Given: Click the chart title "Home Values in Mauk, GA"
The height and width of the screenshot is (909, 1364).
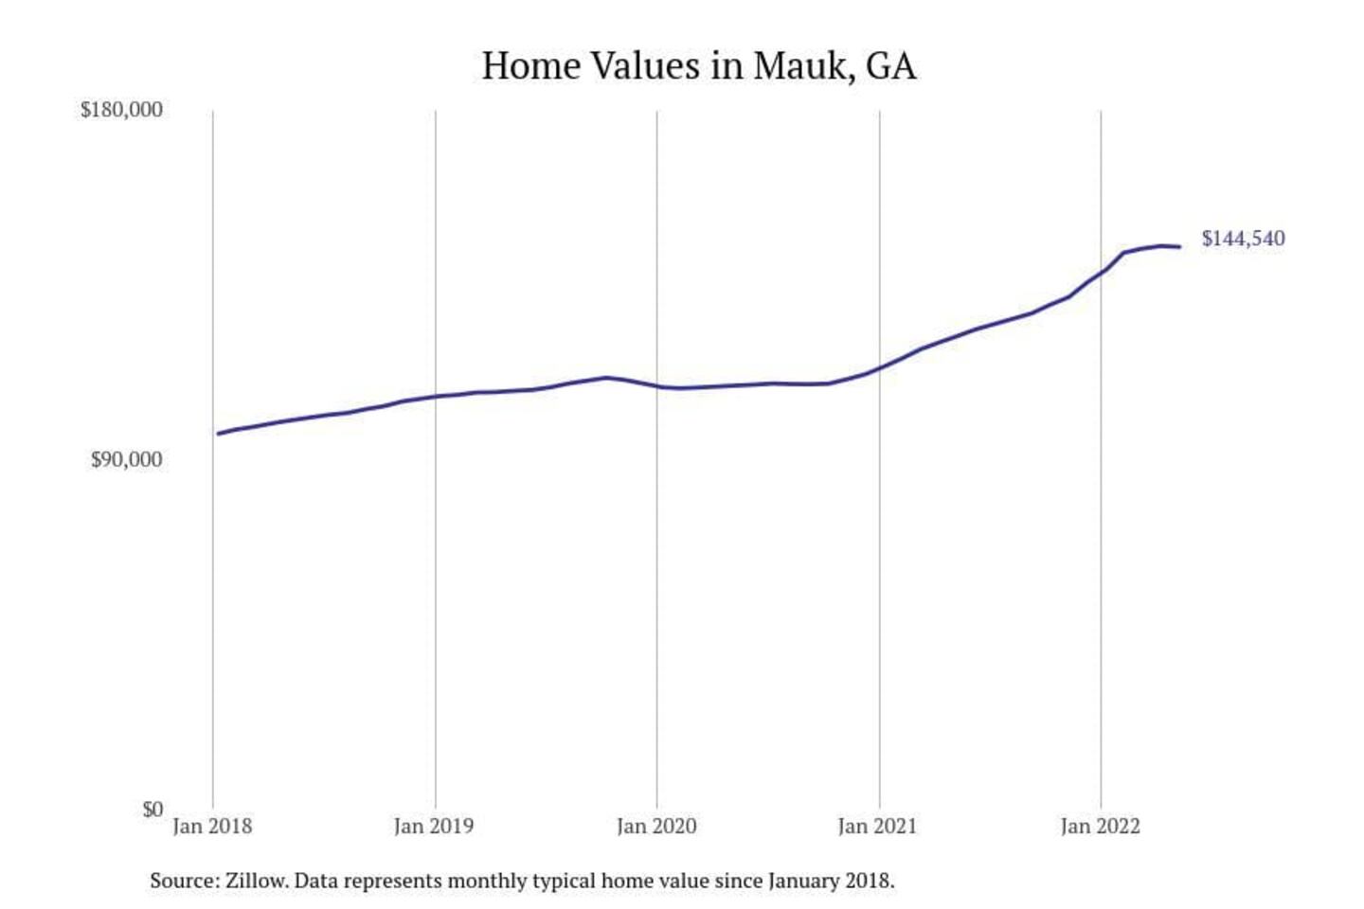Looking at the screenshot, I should (699, 66).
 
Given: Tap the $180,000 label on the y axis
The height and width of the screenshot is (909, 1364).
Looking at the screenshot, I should (121, 110).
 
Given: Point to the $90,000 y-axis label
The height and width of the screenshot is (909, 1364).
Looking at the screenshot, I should (126, 459).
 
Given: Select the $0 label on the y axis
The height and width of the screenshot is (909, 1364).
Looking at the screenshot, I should (153, 810).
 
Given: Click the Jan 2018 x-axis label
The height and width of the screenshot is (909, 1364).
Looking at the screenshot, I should (212, 826).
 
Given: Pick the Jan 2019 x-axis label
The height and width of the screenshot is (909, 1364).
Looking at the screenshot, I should (434, 826).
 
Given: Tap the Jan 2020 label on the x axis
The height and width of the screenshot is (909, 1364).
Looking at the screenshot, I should (656, 826).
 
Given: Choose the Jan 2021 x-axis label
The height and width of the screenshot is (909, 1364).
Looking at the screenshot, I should (877, 826).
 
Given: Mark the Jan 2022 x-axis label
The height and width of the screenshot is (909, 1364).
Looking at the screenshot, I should (1100, 826).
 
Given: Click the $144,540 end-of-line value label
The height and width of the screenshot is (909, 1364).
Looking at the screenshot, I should (1243, 239).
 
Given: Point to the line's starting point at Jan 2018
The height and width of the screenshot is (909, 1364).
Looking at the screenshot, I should (219, 434).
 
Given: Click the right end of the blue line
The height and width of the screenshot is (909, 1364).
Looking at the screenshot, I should (1179, 247).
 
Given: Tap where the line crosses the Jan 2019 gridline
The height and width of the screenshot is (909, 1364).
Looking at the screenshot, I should (436, 396).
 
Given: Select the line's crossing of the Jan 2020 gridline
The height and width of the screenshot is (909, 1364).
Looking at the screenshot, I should (657, 386).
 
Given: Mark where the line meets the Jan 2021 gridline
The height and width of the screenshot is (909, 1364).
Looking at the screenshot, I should (879, 367).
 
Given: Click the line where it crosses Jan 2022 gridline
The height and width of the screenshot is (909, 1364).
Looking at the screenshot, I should (1101, 273).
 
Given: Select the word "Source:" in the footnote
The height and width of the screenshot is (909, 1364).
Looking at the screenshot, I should (184, 881).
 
